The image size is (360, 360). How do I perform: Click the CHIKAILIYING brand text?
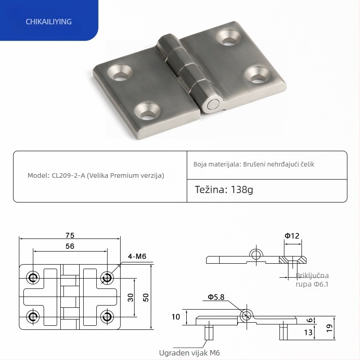(49, 22)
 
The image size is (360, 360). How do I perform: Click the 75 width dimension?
(69, 235)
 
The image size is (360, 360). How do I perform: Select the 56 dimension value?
(69, 246)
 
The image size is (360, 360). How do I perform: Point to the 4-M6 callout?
(137, 256)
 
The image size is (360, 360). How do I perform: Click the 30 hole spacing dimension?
(130, 297)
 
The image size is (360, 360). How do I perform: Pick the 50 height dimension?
(145, 297)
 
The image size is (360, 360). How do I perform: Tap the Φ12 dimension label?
(292, 235)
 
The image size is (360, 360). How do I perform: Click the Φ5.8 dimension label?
(216, 297)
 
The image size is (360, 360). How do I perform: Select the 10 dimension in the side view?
(176, 317)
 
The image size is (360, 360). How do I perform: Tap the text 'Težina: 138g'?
(224, 189)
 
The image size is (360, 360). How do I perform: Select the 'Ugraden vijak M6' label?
(189, 353)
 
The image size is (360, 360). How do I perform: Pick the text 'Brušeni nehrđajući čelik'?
(279, 164)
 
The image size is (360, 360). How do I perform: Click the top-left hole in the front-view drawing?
(32, 278)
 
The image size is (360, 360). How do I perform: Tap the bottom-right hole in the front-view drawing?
(107, 316)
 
